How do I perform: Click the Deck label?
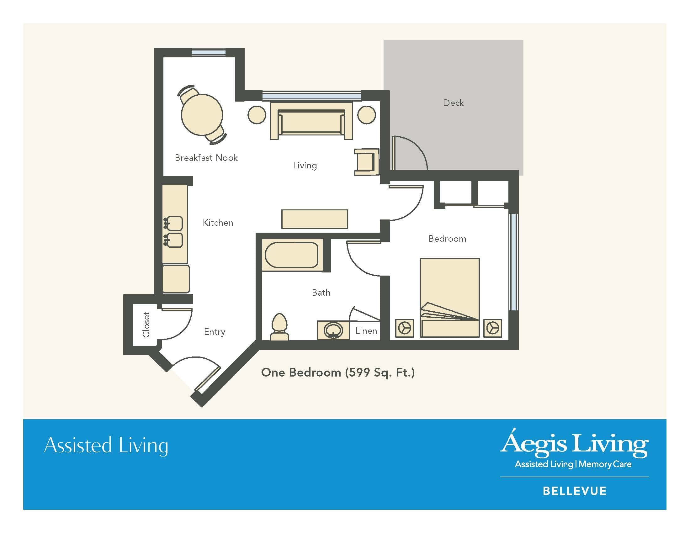(454, 103)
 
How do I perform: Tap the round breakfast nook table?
(202, 115)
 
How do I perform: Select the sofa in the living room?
(311, 121)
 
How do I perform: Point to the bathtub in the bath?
(291, 255)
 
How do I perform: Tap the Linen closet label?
(366, 331)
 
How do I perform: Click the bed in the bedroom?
(449, 298)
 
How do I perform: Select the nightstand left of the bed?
(404, 328)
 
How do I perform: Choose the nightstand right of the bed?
(492, 328)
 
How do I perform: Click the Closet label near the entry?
(146, 325)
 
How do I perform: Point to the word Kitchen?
(218, 223)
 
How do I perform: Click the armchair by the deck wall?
(366, 162)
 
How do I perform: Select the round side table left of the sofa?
(257, 115)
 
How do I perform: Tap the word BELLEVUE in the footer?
(575, 491)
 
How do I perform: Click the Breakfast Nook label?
(206, 158)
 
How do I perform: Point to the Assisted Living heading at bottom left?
(106, 446)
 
